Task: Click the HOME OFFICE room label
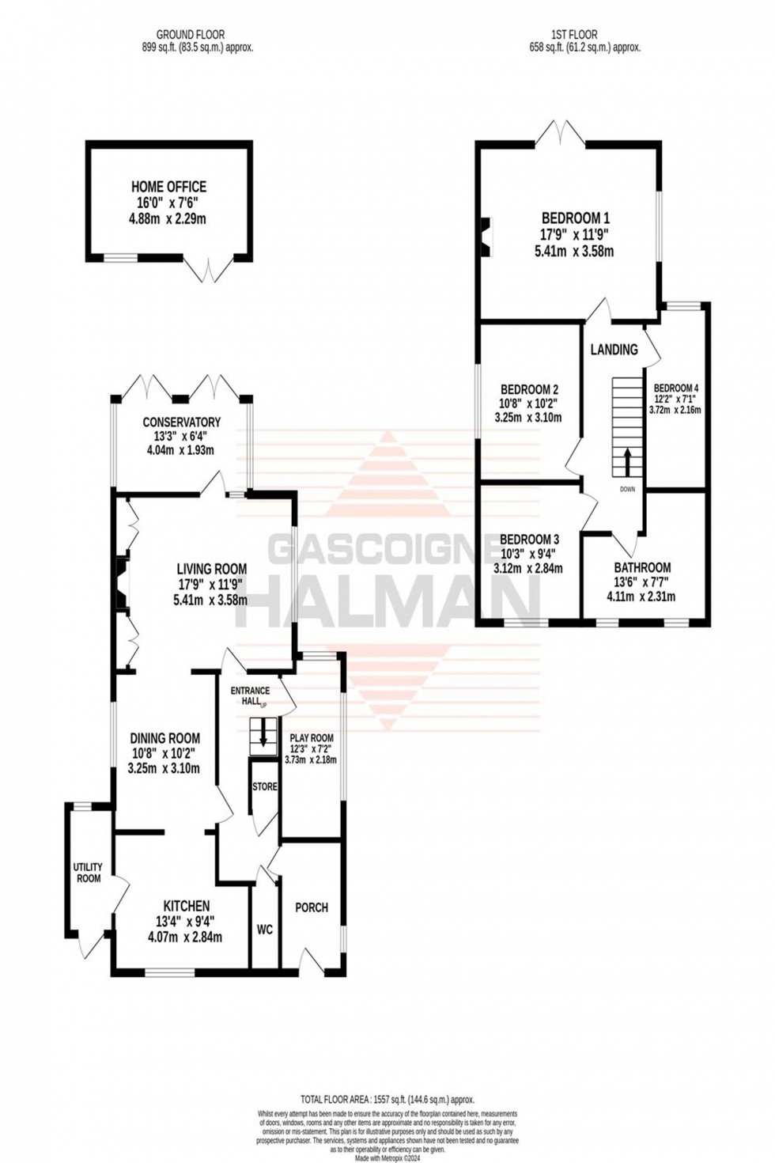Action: click(168, 188)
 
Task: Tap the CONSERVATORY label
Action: click(181, 422)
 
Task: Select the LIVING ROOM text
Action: click(211, 569)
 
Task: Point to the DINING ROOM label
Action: click(164, 739)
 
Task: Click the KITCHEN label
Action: click(186, 906)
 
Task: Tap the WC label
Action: click(264, 930)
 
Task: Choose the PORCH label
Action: click(311, 907)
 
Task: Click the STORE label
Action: click(265, 787)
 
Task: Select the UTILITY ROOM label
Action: click(88, 873)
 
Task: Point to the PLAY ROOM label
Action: click(312, 738)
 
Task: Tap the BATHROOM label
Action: click(642, 567)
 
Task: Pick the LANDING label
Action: click(614, 350)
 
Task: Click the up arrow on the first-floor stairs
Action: click(628, 461)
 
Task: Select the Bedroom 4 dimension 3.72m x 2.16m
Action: click(675, 410)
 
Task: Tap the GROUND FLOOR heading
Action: click(190, 35)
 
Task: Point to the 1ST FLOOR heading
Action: click(574, 35)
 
